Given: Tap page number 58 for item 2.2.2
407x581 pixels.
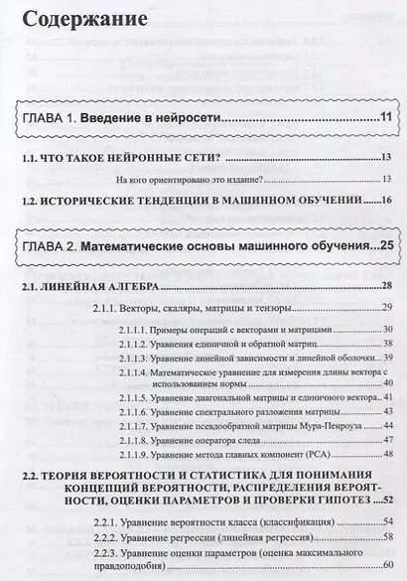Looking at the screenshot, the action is tap(389, 536).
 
